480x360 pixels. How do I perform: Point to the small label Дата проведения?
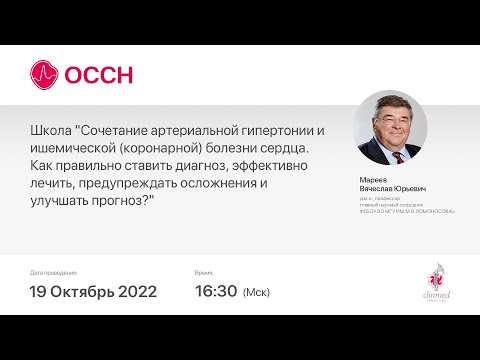tap(52, 272)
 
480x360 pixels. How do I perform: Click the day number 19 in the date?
tap(41, 292)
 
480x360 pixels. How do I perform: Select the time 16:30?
tap(216, 292)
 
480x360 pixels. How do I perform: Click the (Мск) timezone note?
tap(257, 293)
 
